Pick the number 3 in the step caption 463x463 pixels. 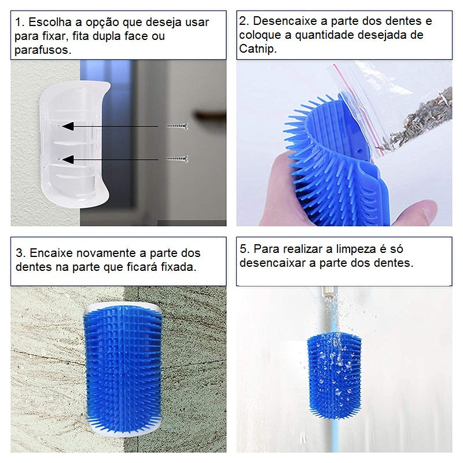point(19,253)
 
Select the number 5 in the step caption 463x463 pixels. point(243,249)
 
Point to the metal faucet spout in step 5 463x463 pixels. point(330,292)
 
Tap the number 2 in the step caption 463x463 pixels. point(243,22)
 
